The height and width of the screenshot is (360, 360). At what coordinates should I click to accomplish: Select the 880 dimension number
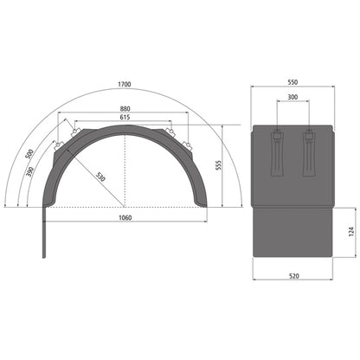pos(126,108)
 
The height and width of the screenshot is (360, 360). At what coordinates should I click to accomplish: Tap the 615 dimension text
pos(126,117)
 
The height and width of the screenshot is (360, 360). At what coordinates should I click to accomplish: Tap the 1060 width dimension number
pos(126,217)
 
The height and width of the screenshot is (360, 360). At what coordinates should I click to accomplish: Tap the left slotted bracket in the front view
pos(276,151)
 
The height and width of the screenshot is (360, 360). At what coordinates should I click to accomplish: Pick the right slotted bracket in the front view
pos(309,151)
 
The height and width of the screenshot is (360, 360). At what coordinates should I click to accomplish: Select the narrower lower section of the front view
pos(292,232)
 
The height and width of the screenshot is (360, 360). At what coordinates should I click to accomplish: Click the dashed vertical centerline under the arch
pos(126,173)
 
